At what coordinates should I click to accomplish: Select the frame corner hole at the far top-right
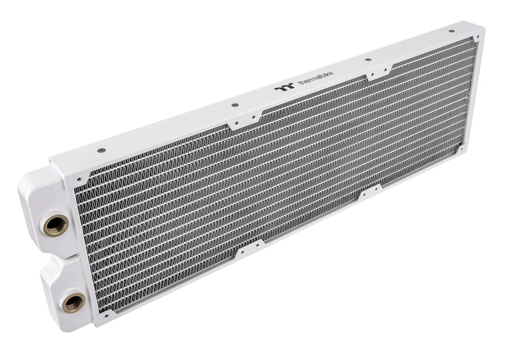click(x=471, y=43)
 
